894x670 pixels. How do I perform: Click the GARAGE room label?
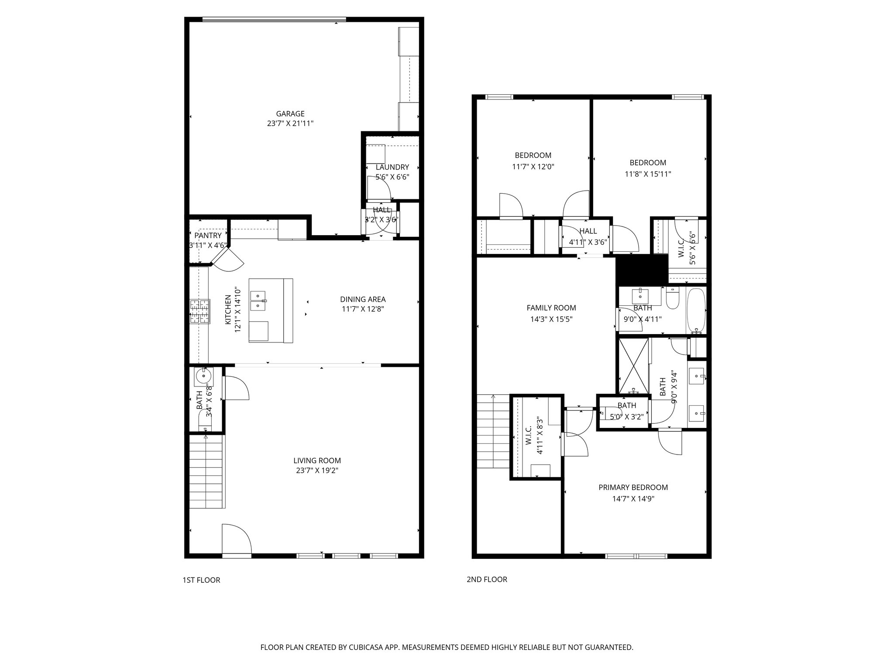tap(290, 114)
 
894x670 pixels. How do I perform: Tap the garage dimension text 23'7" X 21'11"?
tap(290, 123)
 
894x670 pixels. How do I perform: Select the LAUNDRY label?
tap(392, 167)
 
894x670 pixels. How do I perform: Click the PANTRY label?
tap(208, 236)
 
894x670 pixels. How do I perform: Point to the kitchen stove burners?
tap(199, 311)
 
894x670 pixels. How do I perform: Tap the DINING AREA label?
tap(363, 299)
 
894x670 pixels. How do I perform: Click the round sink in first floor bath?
tap(203, 376)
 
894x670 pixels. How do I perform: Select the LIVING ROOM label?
tap(317, 461)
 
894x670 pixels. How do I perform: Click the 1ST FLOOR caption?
tap(201, 580)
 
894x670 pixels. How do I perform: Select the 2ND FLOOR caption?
tap(487, 580)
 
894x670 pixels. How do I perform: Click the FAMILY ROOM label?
tap(551, 308)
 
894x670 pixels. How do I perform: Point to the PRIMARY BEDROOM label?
tap(633, 488)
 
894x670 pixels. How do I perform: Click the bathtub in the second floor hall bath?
tap(696, 310)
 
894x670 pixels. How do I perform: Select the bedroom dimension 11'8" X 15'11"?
tap(647, 174)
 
